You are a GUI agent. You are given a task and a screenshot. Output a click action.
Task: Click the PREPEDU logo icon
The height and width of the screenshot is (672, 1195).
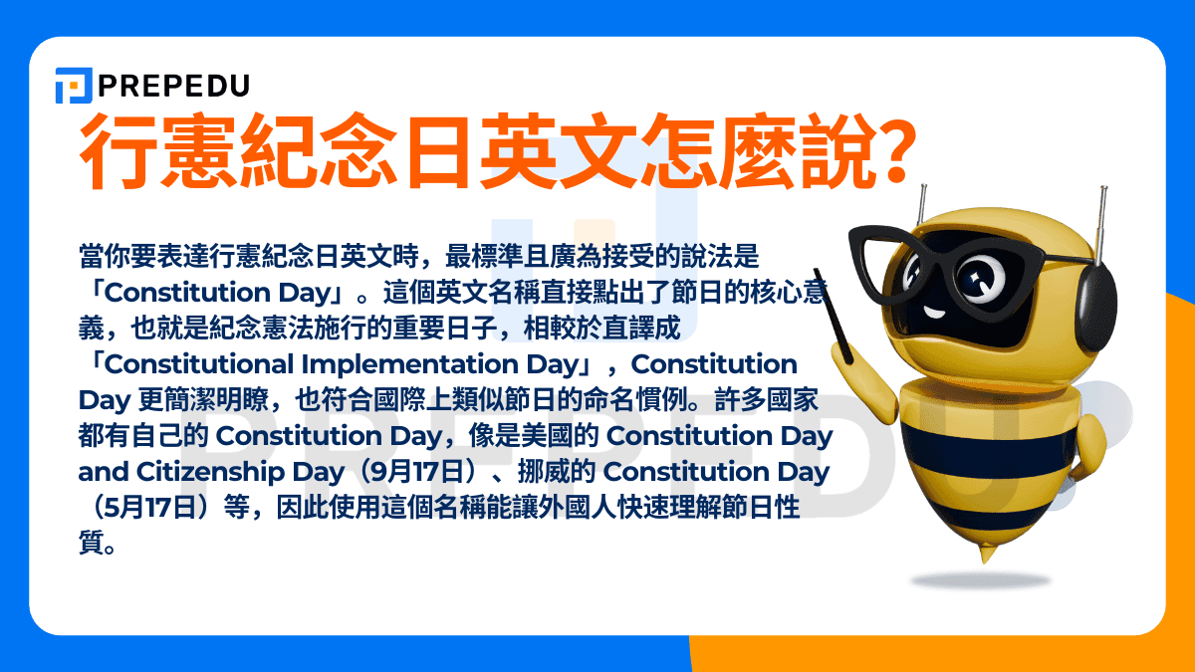[74, 86]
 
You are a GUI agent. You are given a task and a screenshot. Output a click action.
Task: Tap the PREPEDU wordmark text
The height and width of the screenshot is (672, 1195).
[173, 86]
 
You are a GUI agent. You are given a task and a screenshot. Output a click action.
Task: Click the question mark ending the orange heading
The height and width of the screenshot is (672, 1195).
[888, 152]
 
